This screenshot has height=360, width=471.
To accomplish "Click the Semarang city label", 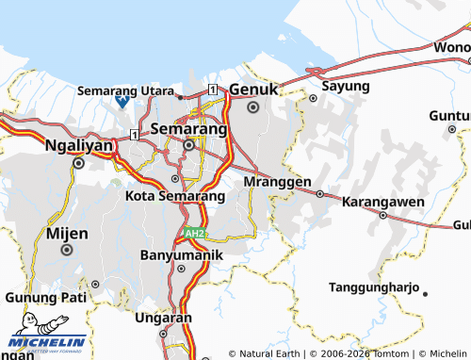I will [x=188, y=127].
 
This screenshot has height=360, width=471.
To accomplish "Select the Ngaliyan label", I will [x=79, y=146].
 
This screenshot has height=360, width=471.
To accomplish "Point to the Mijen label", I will [x=67, y=233].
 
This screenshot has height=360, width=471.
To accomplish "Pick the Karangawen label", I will [x=382, y=202].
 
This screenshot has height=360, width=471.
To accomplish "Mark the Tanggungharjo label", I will [x=375, y=286].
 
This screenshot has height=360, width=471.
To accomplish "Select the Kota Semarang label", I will [x=174, y=196].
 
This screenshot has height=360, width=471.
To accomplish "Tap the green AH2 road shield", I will [x=193, y=233].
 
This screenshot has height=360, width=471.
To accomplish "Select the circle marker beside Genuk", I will [x=252, y=107].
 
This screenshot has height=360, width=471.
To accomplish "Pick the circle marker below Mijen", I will [x=67, y=250].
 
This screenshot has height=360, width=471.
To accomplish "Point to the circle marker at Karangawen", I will [x=383, y=215].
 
